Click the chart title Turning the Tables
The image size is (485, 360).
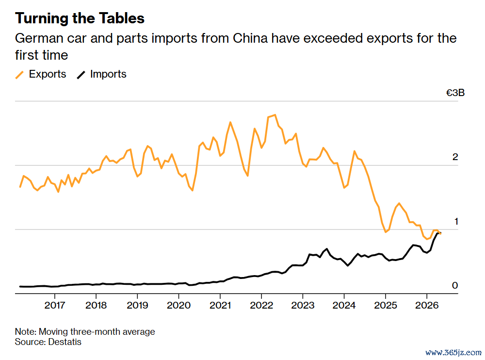tap(80, 18)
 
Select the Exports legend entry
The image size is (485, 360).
tap(41, 74)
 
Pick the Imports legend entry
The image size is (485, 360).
tap(101, 74)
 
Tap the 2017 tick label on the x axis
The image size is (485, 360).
tap(55, 305)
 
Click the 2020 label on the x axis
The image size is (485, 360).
tap(179, 305)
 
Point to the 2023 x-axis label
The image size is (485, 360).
tap(303, 305)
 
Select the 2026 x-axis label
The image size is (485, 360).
tap(427, 305)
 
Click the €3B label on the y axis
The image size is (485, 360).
tap(455, 93)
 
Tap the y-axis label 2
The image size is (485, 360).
tap(455, 157)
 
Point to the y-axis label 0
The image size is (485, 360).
tap(455, 285)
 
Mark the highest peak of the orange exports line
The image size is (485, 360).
tap(275, 115)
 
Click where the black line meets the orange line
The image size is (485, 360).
tap(439, 232)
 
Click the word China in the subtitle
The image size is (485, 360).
tap(250, 38)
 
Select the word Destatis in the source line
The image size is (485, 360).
tap(65, 342)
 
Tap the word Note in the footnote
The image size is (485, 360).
tap(25, 331)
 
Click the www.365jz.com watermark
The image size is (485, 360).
tap(453, 353)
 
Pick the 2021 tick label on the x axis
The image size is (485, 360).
tap(220, 305)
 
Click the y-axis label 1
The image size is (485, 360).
tap(456, 221)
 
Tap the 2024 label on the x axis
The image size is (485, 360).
tap(344, 305)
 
